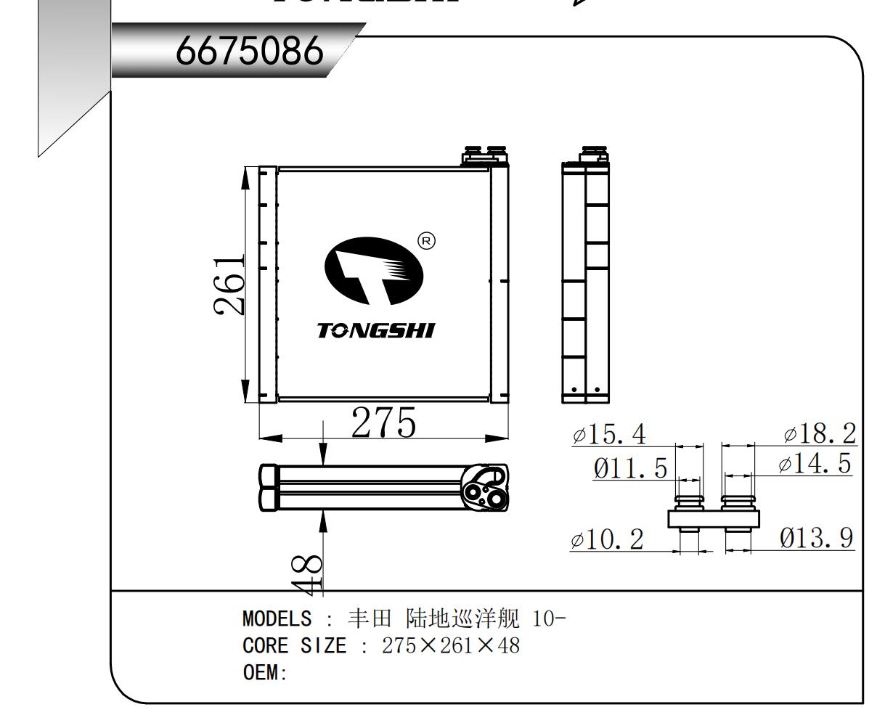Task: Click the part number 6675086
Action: [x=249, y=51]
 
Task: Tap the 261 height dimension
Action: [x=229, y=285]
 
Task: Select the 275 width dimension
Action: [x=383, y=422]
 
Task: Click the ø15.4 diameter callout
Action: [x=609, y=434]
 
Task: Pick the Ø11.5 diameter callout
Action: [x=630, y=468]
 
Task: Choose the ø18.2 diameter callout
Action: [x=820, y=433]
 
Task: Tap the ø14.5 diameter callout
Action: [x=815, y=463]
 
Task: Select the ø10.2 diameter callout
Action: [x=607, y=540]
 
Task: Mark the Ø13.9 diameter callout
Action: [x=817, y=539]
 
